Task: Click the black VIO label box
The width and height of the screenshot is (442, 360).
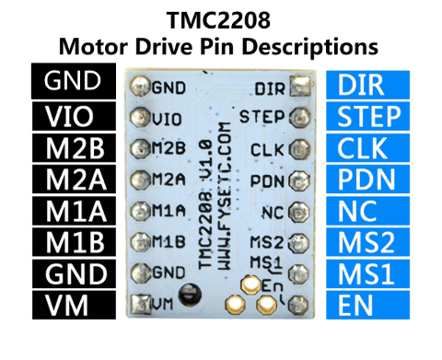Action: (74, 116)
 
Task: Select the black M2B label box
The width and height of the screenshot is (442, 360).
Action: (74, 147)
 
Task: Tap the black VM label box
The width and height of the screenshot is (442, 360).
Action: (74, 303)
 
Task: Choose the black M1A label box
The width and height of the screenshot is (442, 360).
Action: (74, 210)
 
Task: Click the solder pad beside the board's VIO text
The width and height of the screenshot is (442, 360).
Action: (140, 118)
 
